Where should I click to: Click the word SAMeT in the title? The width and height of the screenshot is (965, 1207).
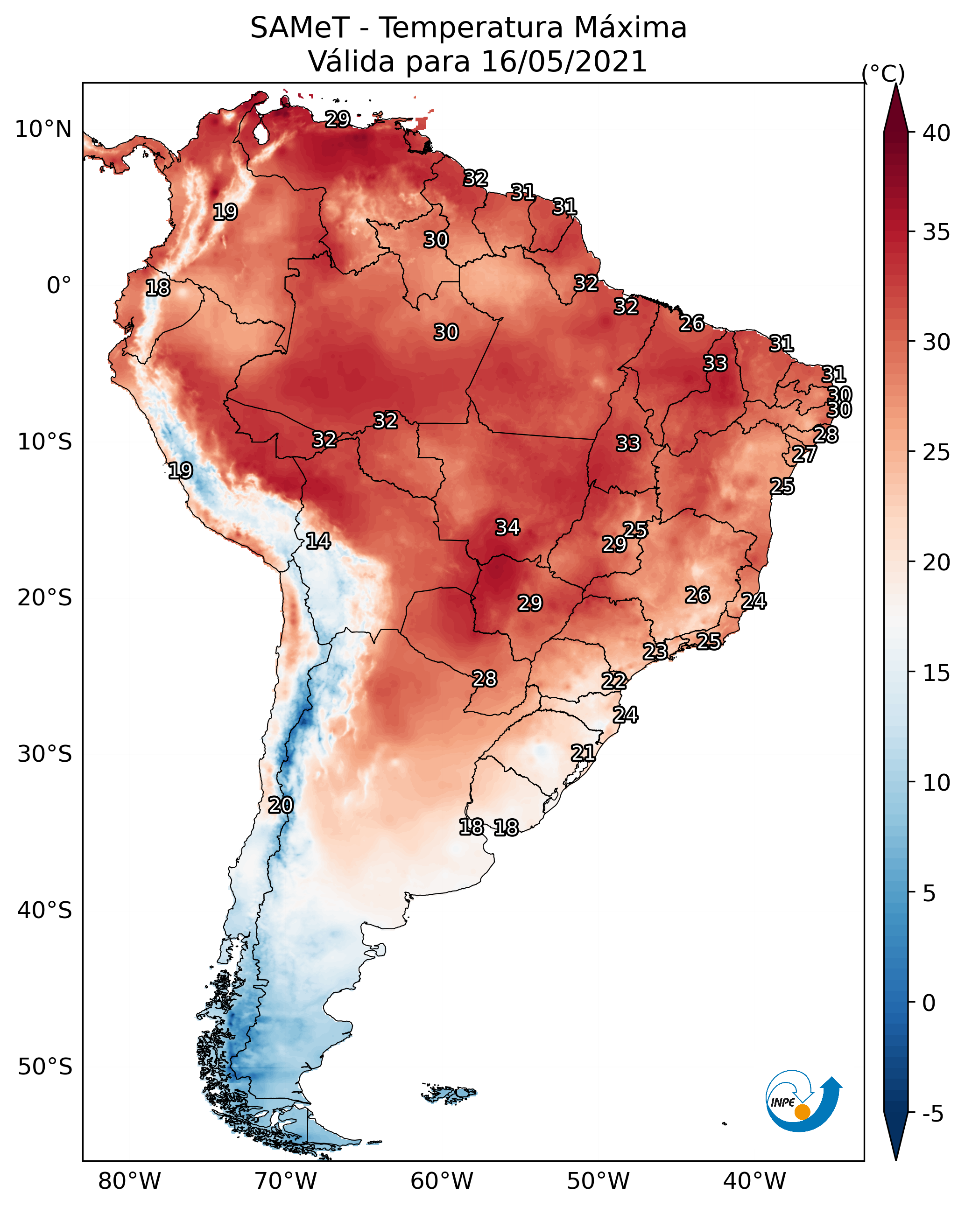click(300, 28)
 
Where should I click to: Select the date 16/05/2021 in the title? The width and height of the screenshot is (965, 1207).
click(564, 62)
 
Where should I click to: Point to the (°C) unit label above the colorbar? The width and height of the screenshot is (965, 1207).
click(883, 73)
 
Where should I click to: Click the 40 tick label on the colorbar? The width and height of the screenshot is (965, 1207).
click(936, 133)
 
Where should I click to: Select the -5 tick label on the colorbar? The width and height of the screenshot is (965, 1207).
click(932, 1114)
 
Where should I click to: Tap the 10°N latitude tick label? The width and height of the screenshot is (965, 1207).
click(43, 129)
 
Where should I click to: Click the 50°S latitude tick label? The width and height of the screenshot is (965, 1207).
click(45, 1067)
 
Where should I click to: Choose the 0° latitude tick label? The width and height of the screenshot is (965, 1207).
click(59, 286)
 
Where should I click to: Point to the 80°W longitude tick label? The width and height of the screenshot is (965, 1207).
click(129, 1181)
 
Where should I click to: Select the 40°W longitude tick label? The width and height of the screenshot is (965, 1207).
click(754, 1181)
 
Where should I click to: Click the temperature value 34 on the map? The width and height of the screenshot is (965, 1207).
click(507, 527)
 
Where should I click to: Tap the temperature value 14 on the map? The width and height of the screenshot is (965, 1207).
click(318, 541)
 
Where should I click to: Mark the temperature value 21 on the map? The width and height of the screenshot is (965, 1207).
click(583, 753)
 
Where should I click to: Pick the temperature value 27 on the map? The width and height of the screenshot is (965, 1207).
click(804, 455)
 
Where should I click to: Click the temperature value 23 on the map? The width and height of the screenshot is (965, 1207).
click(655, 652)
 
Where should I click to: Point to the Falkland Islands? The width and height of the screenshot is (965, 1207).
click(450, 1092)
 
